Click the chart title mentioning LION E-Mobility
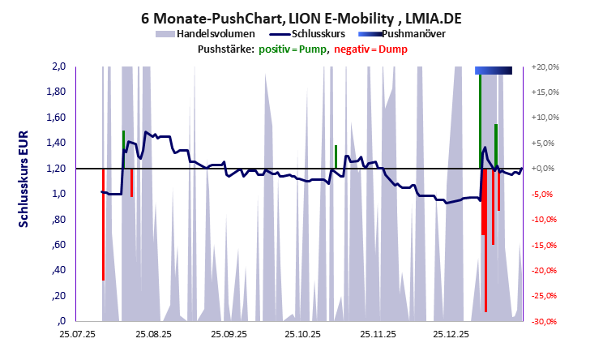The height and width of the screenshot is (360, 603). point(301,17)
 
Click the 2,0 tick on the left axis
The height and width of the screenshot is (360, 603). point(58,66)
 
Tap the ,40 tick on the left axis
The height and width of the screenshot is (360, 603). point(58,271)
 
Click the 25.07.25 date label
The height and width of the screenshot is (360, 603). point(77,332)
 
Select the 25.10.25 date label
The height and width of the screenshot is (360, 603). point(301,332)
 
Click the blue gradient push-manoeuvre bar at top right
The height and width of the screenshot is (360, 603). point(493,71)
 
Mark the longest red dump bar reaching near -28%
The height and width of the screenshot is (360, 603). point(485,243)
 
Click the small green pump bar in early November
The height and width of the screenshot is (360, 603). point(336,156)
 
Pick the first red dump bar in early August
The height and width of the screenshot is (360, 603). point(103,223)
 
